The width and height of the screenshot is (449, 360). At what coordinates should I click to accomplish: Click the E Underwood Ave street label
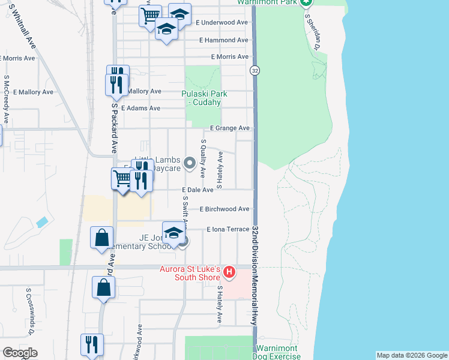221,23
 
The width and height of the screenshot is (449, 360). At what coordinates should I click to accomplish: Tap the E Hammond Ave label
224,40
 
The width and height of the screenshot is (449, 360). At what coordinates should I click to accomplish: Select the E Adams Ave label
140,109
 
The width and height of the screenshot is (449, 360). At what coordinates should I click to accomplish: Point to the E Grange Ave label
229,128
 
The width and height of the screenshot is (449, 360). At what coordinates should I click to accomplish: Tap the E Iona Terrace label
228,230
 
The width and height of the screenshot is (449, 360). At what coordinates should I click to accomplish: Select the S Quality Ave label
203,158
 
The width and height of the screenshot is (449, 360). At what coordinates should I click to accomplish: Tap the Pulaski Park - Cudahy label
201,98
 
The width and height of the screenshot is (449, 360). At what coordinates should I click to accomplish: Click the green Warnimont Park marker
306,3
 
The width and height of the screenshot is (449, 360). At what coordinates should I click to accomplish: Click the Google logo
19,353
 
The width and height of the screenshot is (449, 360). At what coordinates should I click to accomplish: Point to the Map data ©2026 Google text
411,355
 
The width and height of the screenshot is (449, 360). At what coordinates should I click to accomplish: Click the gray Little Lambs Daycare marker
190,163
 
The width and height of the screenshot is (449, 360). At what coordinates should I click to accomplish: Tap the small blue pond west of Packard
41,222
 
